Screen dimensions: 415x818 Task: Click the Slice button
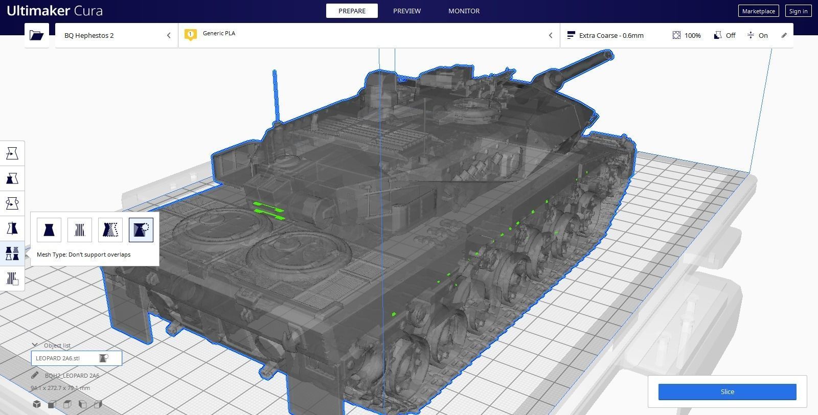click(727, 391)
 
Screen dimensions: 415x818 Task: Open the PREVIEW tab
click(407, 11)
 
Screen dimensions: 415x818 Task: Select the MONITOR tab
click(464, 11)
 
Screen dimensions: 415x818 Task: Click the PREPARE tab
click(352, 11)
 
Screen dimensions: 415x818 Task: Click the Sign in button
click(798, 11)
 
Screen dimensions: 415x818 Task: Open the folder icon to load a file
click(36, 35)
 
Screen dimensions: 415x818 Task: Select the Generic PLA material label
click(219, 33)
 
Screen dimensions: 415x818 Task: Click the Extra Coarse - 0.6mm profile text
click(611, 35)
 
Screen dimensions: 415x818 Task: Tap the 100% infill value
click(692, 35)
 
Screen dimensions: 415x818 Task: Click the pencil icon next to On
click(784, 35)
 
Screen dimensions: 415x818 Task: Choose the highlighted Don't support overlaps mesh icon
click(141, 230)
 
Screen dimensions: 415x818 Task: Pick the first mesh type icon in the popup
click(49, 230)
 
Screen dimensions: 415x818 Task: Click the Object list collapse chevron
click(35, 345)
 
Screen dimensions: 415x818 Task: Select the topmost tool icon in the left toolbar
click(12, 153)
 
